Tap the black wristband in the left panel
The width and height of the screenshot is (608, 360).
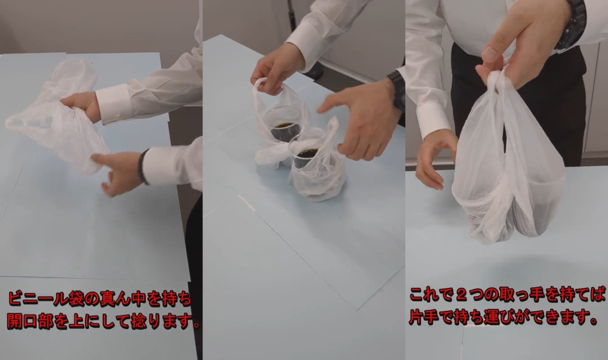142,167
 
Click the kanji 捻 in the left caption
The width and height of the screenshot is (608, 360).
139,322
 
